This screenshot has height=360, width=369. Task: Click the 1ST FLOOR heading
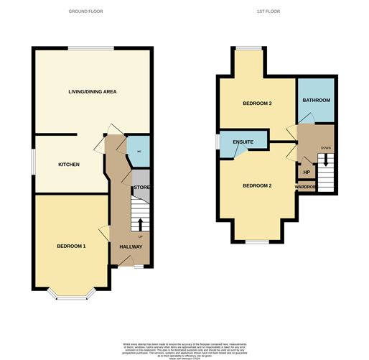pyautogui.click(x=267, y=11)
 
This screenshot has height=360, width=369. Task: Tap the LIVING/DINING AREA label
pyautogui.click(x=92, y=92)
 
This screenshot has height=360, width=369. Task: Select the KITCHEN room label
pyautogui.click(x=68, y=165)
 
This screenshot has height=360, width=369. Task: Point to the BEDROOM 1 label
pyautogui.click(x=71, y=246)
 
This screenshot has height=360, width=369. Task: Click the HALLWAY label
pyautogui.click(x=131, y=247)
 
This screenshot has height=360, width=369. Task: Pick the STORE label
pyautogui.click(x=141, y=188)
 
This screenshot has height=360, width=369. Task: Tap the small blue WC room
pyautogui.click(x=139, y=152)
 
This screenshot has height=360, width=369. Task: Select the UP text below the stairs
pyautogui.click(x=140, y=236)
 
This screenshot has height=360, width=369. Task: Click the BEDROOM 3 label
pyautogui.click(x=256, y=103)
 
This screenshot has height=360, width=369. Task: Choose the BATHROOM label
pyautogui.click(x=316, y=100)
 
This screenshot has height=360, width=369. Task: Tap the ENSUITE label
pyautogui.click(x=243, y=142)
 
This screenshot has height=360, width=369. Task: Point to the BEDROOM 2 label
pyautogui.click(x=256, y=186)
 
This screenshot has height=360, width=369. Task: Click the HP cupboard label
pyautogui.click(x=307, y=172)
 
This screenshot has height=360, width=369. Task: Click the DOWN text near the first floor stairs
pyautogui.click(x=326, y=148)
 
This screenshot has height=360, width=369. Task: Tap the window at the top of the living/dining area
pyautogui.click(x=91, y=48)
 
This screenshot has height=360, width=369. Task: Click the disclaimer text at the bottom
pyautogui.click(x=184, y=348)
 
